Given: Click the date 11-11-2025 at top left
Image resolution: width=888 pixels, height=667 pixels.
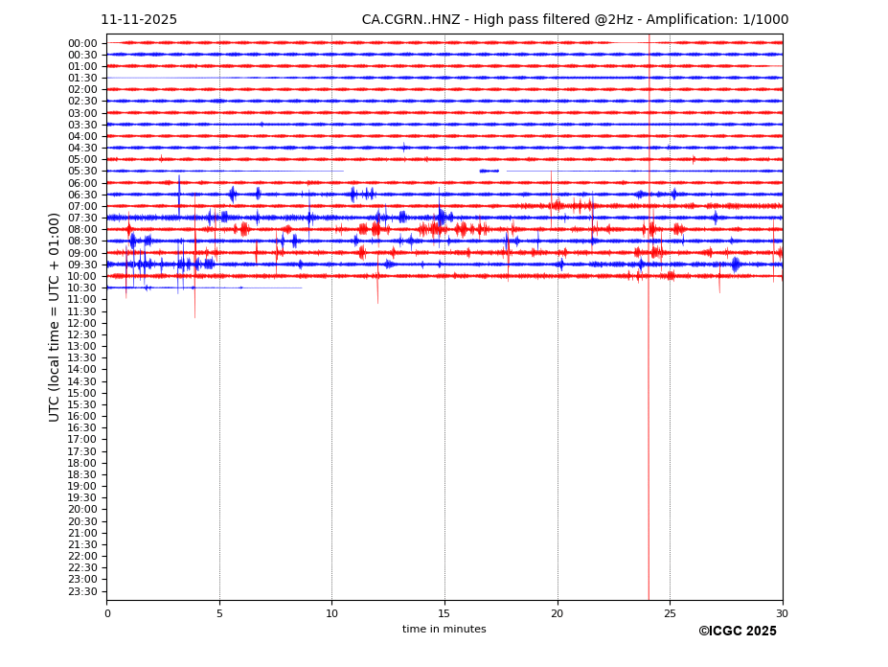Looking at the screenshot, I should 139,20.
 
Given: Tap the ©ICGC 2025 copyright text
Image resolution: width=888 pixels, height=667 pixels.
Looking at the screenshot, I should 737,632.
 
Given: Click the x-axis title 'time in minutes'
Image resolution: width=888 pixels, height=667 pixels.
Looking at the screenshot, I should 444,630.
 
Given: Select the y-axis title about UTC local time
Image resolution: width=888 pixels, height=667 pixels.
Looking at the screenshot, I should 56,316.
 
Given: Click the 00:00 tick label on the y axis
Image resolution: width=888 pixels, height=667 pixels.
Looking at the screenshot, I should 82,43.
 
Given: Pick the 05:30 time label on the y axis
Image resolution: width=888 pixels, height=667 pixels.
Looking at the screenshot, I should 82,172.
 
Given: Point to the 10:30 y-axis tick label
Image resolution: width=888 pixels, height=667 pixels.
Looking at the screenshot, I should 82,287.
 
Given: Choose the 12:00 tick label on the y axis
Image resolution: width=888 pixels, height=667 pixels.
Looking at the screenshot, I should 82,323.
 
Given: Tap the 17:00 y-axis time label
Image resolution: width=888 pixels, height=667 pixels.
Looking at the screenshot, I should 82,440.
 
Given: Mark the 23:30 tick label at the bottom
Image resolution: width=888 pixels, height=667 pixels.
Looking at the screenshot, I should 82,591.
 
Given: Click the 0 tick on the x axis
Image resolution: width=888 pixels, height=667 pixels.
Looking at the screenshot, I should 107,613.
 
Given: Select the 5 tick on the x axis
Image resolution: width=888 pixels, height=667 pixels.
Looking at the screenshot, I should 219,613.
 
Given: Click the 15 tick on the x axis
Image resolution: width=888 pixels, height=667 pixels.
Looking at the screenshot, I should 444,613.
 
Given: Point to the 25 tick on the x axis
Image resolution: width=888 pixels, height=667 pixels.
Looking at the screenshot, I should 670,613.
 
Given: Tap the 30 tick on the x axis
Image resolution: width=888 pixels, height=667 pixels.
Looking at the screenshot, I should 783,613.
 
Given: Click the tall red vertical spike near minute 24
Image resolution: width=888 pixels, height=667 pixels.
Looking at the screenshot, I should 649,431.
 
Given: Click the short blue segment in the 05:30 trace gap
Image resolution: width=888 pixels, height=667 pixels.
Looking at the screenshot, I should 490,171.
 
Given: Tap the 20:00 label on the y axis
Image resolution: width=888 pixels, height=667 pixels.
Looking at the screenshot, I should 82,510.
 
